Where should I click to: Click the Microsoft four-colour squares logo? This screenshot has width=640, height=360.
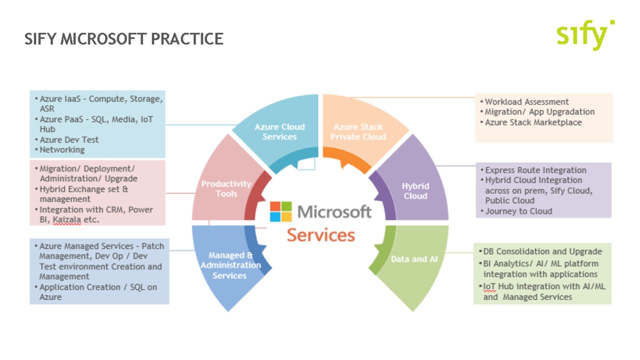point(280,211)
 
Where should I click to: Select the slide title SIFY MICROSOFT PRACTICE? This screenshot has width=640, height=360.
point(123,38)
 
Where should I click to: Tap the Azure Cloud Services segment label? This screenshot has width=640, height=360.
point(279,131)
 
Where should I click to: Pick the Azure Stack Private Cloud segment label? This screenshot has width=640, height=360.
point(358,131)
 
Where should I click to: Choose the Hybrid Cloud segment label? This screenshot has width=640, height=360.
point(415,191)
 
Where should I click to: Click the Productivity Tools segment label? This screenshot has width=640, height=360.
point(226,188)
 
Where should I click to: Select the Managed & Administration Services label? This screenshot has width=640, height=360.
point(230,265)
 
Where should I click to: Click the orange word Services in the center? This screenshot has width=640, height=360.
point(321,235)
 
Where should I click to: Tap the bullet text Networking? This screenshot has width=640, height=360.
point(62,149)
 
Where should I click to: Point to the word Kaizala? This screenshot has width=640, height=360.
point(66,219)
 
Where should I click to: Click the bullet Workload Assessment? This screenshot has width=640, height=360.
point(526,101)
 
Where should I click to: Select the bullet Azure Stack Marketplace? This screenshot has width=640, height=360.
point(533,122)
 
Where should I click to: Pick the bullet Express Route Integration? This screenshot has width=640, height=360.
point(535,170)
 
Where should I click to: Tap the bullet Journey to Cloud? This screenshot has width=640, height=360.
point(518,211)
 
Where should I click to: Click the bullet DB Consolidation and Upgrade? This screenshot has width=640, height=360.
point(542,251)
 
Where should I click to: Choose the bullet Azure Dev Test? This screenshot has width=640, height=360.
point(69,139)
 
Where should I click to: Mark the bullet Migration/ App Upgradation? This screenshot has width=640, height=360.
point(539,111)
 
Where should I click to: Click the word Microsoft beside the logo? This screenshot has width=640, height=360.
point(334,211)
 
